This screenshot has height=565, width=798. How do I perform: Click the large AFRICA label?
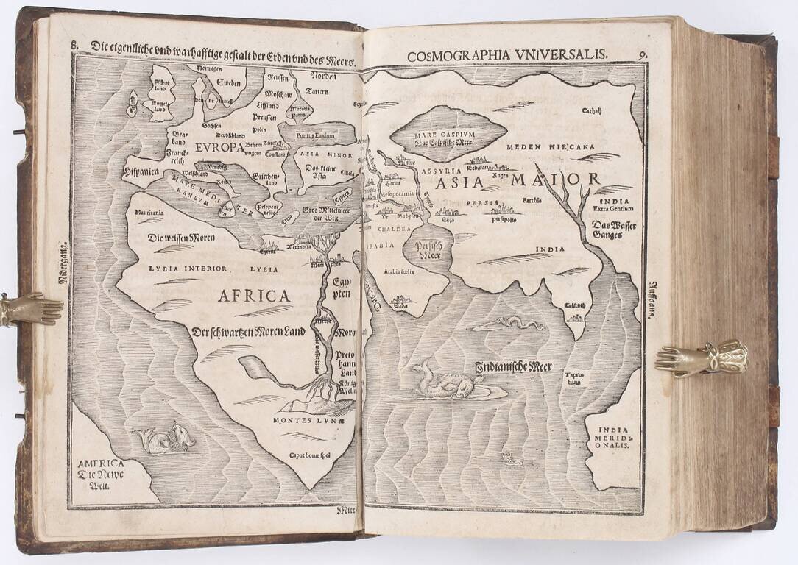pyautogui.click(x=253, y=296)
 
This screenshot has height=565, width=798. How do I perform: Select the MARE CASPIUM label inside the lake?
pyautogui.click(x=448, y=135)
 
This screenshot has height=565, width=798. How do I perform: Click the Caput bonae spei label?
pyautogui.click(x=309, y=456)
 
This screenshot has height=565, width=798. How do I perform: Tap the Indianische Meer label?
pyautogui.click(x=513, y=366)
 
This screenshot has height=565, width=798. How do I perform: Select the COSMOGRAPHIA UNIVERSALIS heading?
pyautogui.click(x=506, y=54)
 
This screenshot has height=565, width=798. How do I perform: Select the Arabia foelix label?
pyautogui.click(x=399, y=271)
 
